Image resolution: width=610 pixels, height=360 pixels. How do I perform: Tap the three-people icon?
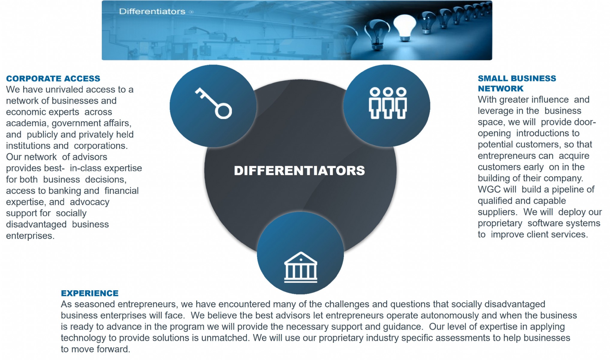point(388,103)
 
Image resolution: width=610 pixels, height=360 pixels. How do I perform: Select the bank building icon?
point(300,267)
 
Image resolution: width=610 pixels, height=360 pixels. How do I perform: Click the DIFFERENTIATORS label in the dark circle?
point(299,171)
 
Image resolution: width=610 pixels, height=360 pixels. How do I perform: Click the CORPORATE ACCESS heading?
point(53,79)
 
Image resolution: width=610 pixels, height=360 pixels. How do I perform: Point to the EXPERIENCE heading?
point(90,293)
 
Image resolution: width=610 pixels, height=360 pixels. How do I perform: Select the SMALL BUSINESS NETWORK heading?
point(517,83)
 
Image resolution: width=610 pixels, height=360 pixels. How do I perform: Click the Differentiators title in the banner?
point(152,12)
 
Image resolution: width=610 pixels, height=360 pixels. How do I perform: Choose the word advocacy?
point(90,202)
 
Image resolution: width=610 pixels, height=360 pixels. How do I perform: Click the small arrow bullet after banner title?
point(191,12)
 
